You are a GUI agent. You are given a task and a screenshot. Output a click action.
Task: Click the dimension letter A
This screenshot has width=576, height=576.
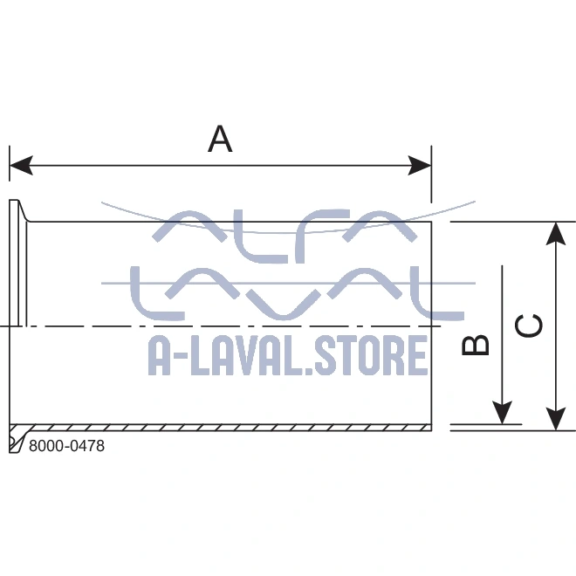220,139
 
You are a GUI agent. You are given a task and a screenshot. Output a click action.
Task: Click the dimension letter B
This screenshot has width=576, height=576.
476,345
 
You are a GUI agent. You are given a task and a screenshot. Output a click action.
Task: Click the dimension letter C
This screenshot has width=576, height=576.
529,325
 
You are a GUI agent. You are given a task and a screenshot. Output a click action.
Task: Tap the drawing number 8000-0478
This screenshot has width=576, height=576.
66,446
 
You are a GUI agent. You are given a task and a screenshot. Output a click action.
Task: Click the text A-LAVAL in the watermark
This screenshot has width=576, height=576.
220,354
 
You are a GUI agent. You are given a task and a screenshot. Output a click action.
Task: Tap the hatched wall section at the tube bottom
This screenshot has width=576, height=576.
227,428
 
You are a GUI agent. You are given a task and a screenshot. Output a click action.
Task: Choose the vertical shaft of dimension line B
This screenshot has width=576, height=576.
502,332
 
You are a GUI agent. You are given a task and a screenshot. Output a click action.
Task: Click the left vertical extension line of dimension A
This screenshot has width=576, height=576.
10,170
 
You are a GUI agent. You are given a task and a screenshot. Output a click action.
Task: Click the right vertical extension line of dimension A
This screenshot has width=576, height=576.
432,170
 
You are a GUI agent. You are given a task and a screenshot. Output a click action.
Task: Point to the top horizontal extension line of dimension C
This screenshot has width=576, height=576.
511,221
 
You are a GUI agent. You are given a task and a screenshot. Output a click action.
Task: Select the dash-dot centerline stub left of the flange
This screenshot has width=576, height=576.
4,326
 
